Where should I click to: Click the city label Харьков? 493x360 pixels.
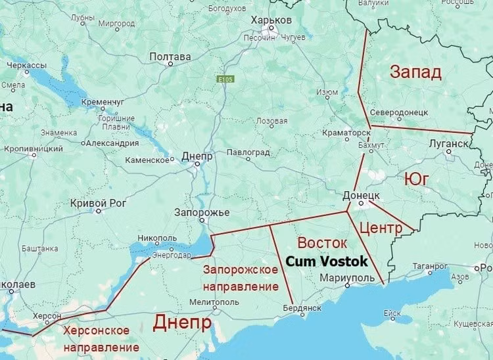click(x=271, y=20)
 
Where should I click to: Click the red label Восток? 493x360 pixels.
click(x=322, y=242)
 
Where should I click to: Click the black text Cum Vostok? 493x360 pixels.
click(x=326, y=261)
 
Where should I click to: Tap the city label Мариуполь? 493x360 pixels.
click(x=346, y=278)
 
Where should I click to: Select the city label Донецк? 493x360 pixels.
click(x=362, y=196)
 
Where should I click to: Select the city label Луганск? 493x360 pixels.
click(x=448, y=143)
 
